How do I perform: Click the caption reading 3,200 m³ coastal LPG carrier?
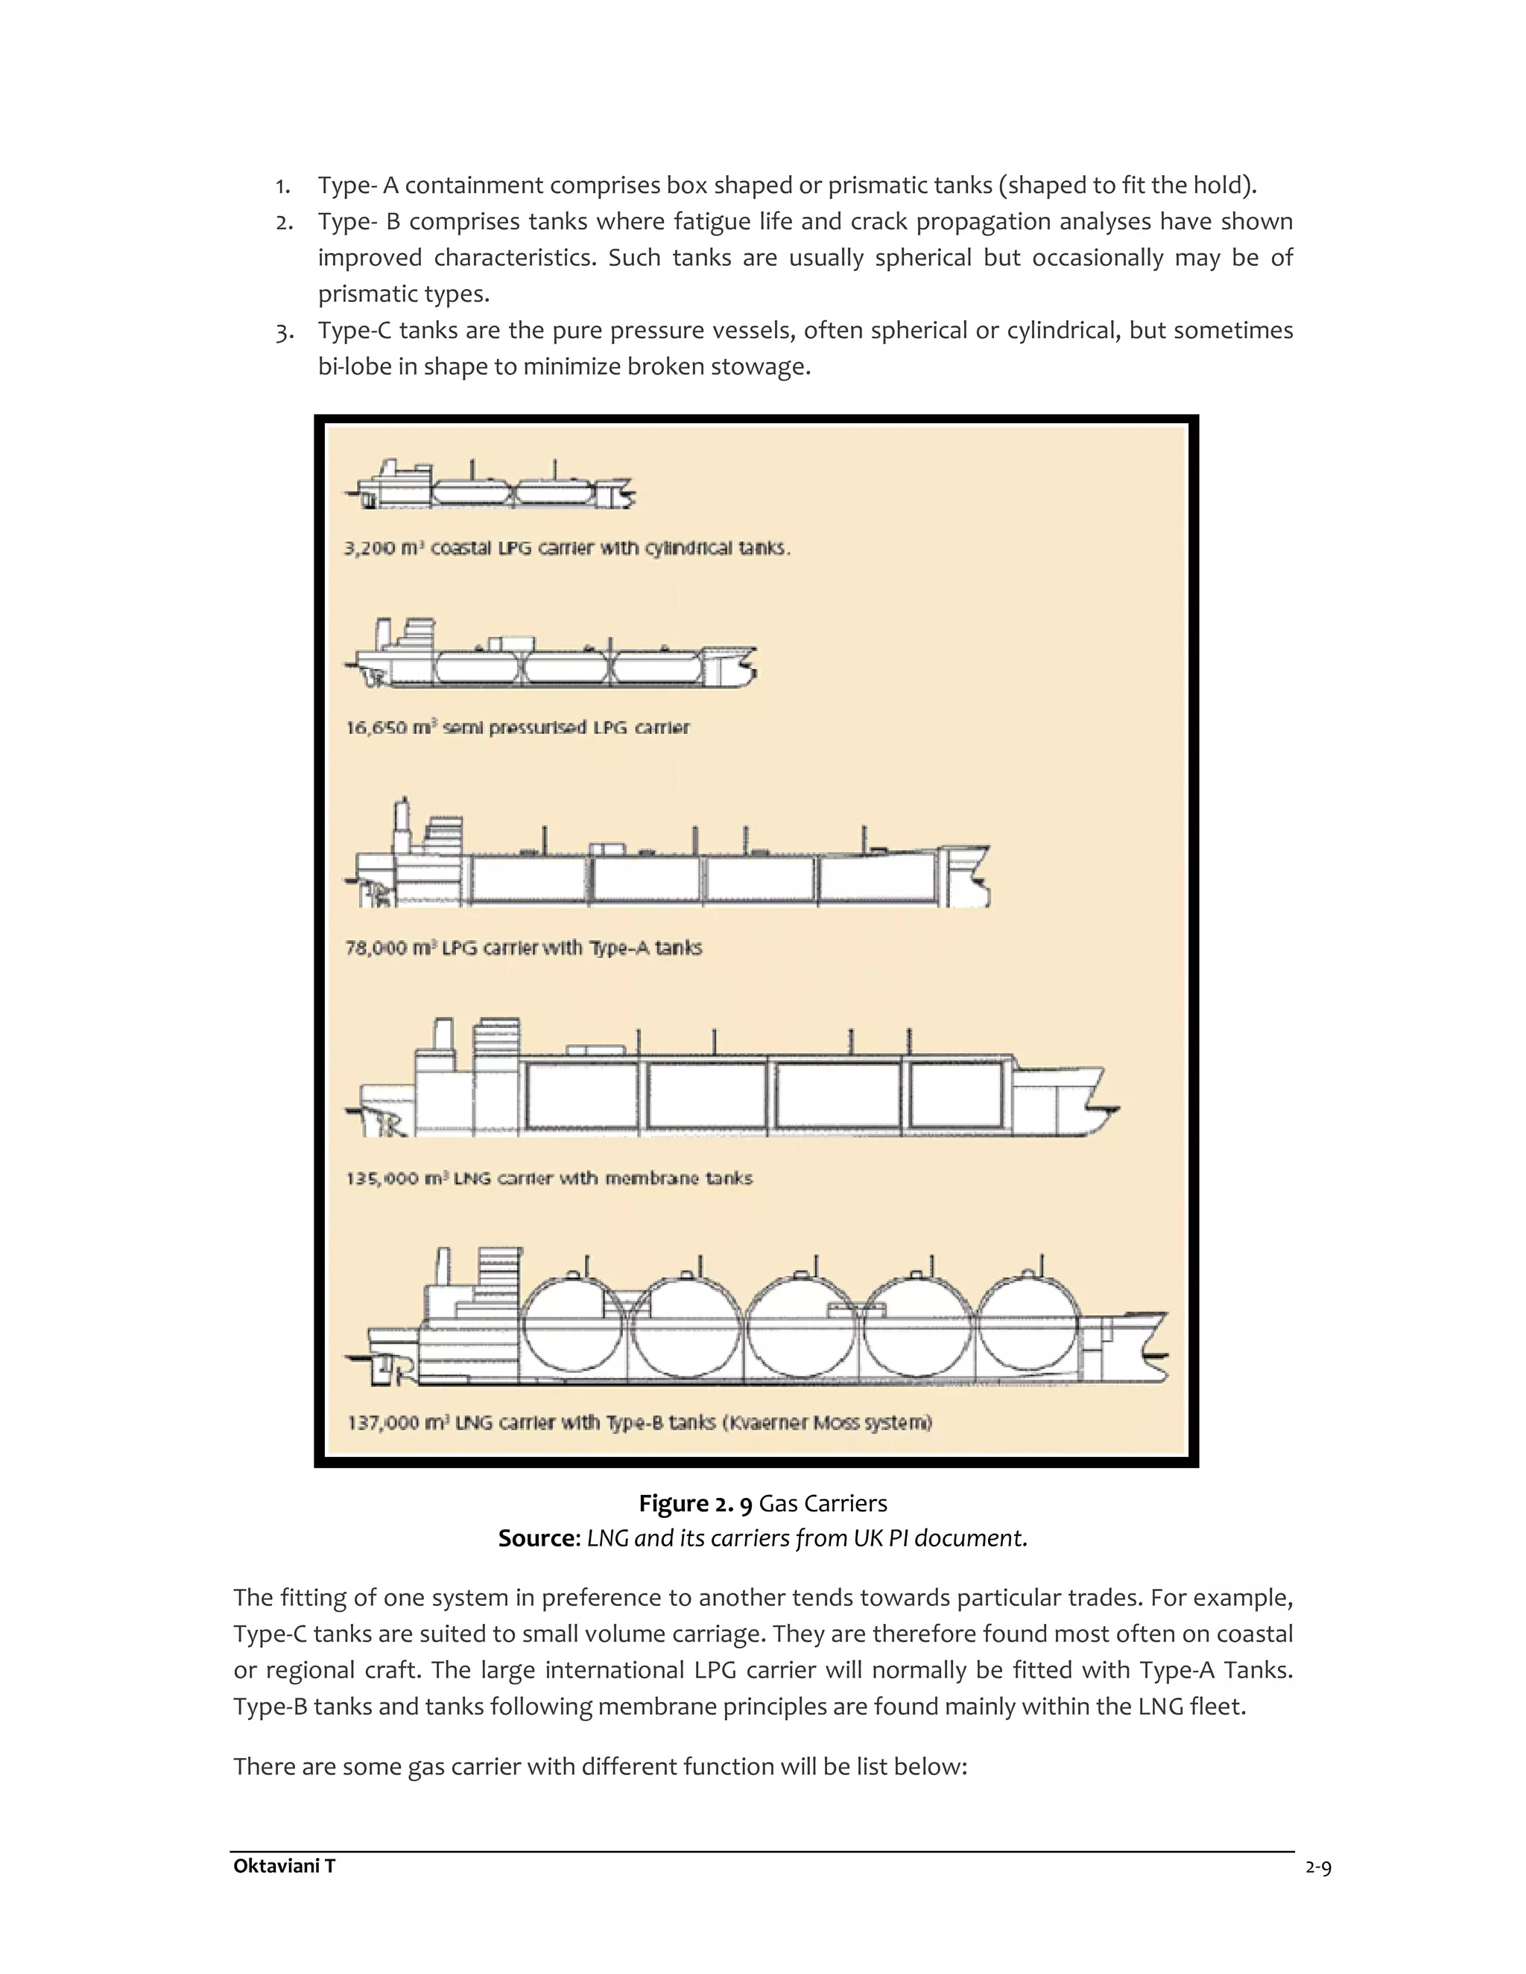[x=567, y=548]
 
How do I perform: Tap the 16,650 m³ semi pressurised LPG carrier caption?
[x=517, y=727]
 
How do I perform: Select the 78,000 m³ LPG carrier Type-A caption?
[x=523, y=948]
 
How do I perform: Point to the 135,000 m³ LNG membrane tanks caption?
[x=548, y=1178]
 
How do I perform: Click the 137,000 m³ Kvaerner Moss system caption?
[x=639, y=1422]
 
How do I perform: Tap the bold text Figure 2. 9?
[x=695, y=1503]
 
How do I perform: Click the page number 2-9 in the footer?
[x=1318, y=1867]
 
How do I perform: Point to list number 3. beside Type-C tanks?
[x=285, y=331]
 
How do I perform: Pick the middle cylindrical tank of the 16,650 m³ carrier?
[x=567, y=669]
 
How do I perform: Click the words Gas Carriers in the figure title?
[x=823, y=1503]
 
